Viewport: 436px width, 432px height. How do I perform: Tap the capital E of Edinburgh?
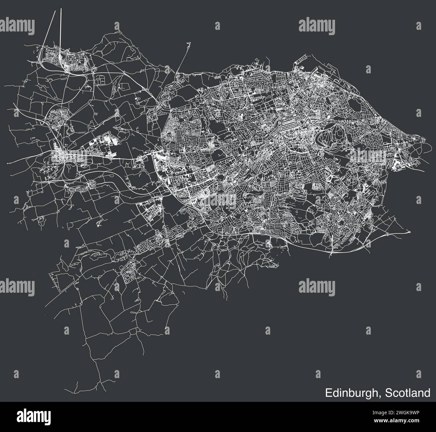pyautogui.click(x=328, y=393)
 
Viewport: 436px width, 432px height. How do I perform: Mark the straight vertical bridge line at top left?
pyautogui.click(x=61, y=30)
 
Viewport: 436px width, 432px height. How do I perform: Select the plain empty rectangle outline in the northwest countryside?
pyautogui.click(x=124, y=86)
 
